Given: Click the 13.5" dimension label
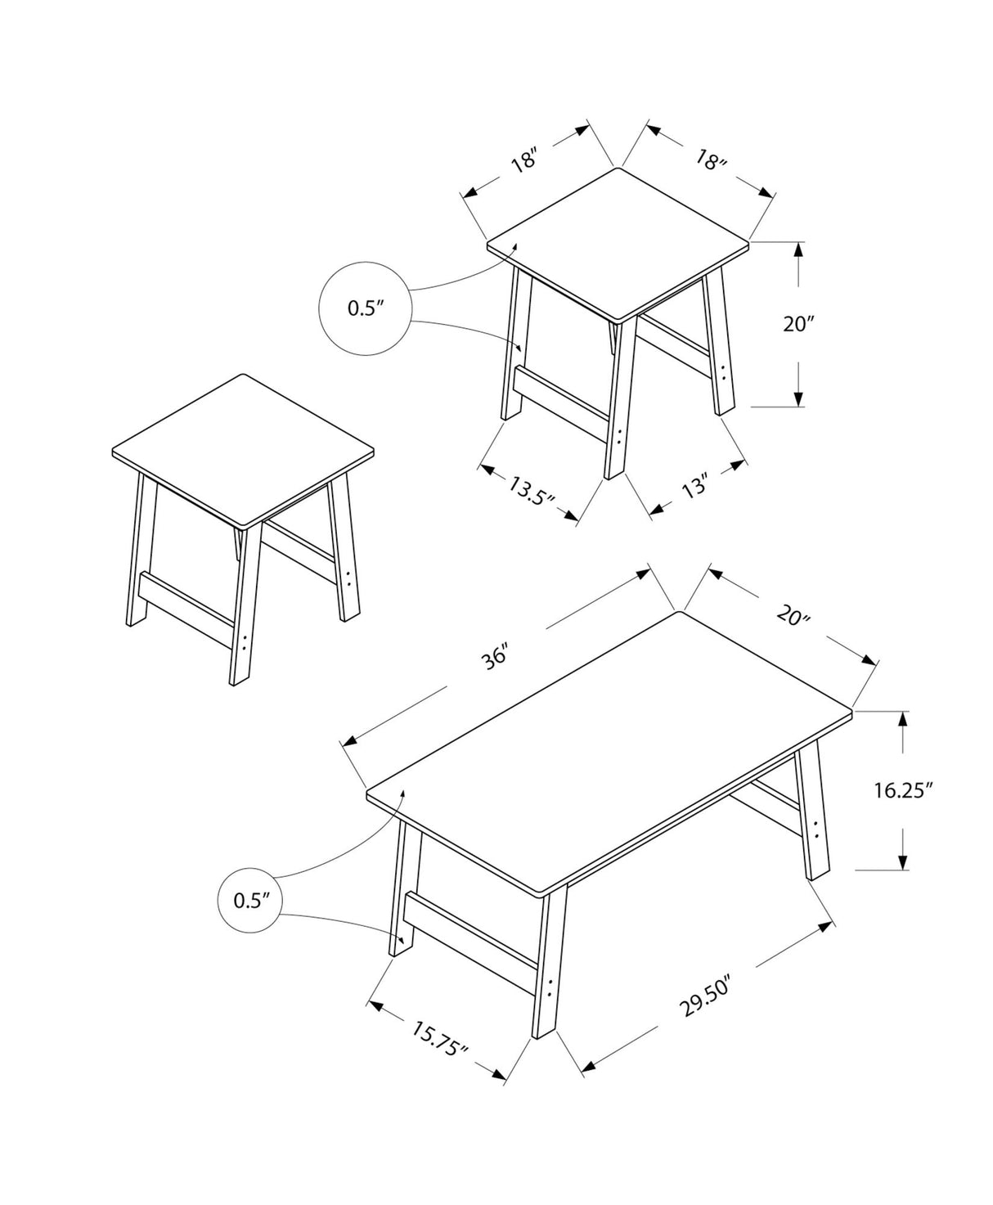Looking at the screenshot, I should click(x=532, y=493).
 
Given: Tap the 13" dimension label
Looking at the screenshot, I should click(x=694, y=489).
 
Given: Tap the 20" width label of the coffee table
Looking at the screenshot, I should click(x=792, y=615).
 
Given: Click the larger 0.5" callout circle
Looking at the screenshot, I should click(x=364, y=308).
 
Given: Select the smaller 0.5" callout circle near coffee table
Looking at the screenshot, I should click(x=251, y=901).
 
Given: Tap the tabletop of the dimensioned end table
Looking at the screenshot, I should click(x=618, y=243).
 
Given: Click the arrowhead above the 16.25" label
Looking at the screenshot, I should click(x=902, y=719).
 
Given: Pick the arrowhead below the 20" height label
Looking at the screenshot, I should click(x=798, y=398).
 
